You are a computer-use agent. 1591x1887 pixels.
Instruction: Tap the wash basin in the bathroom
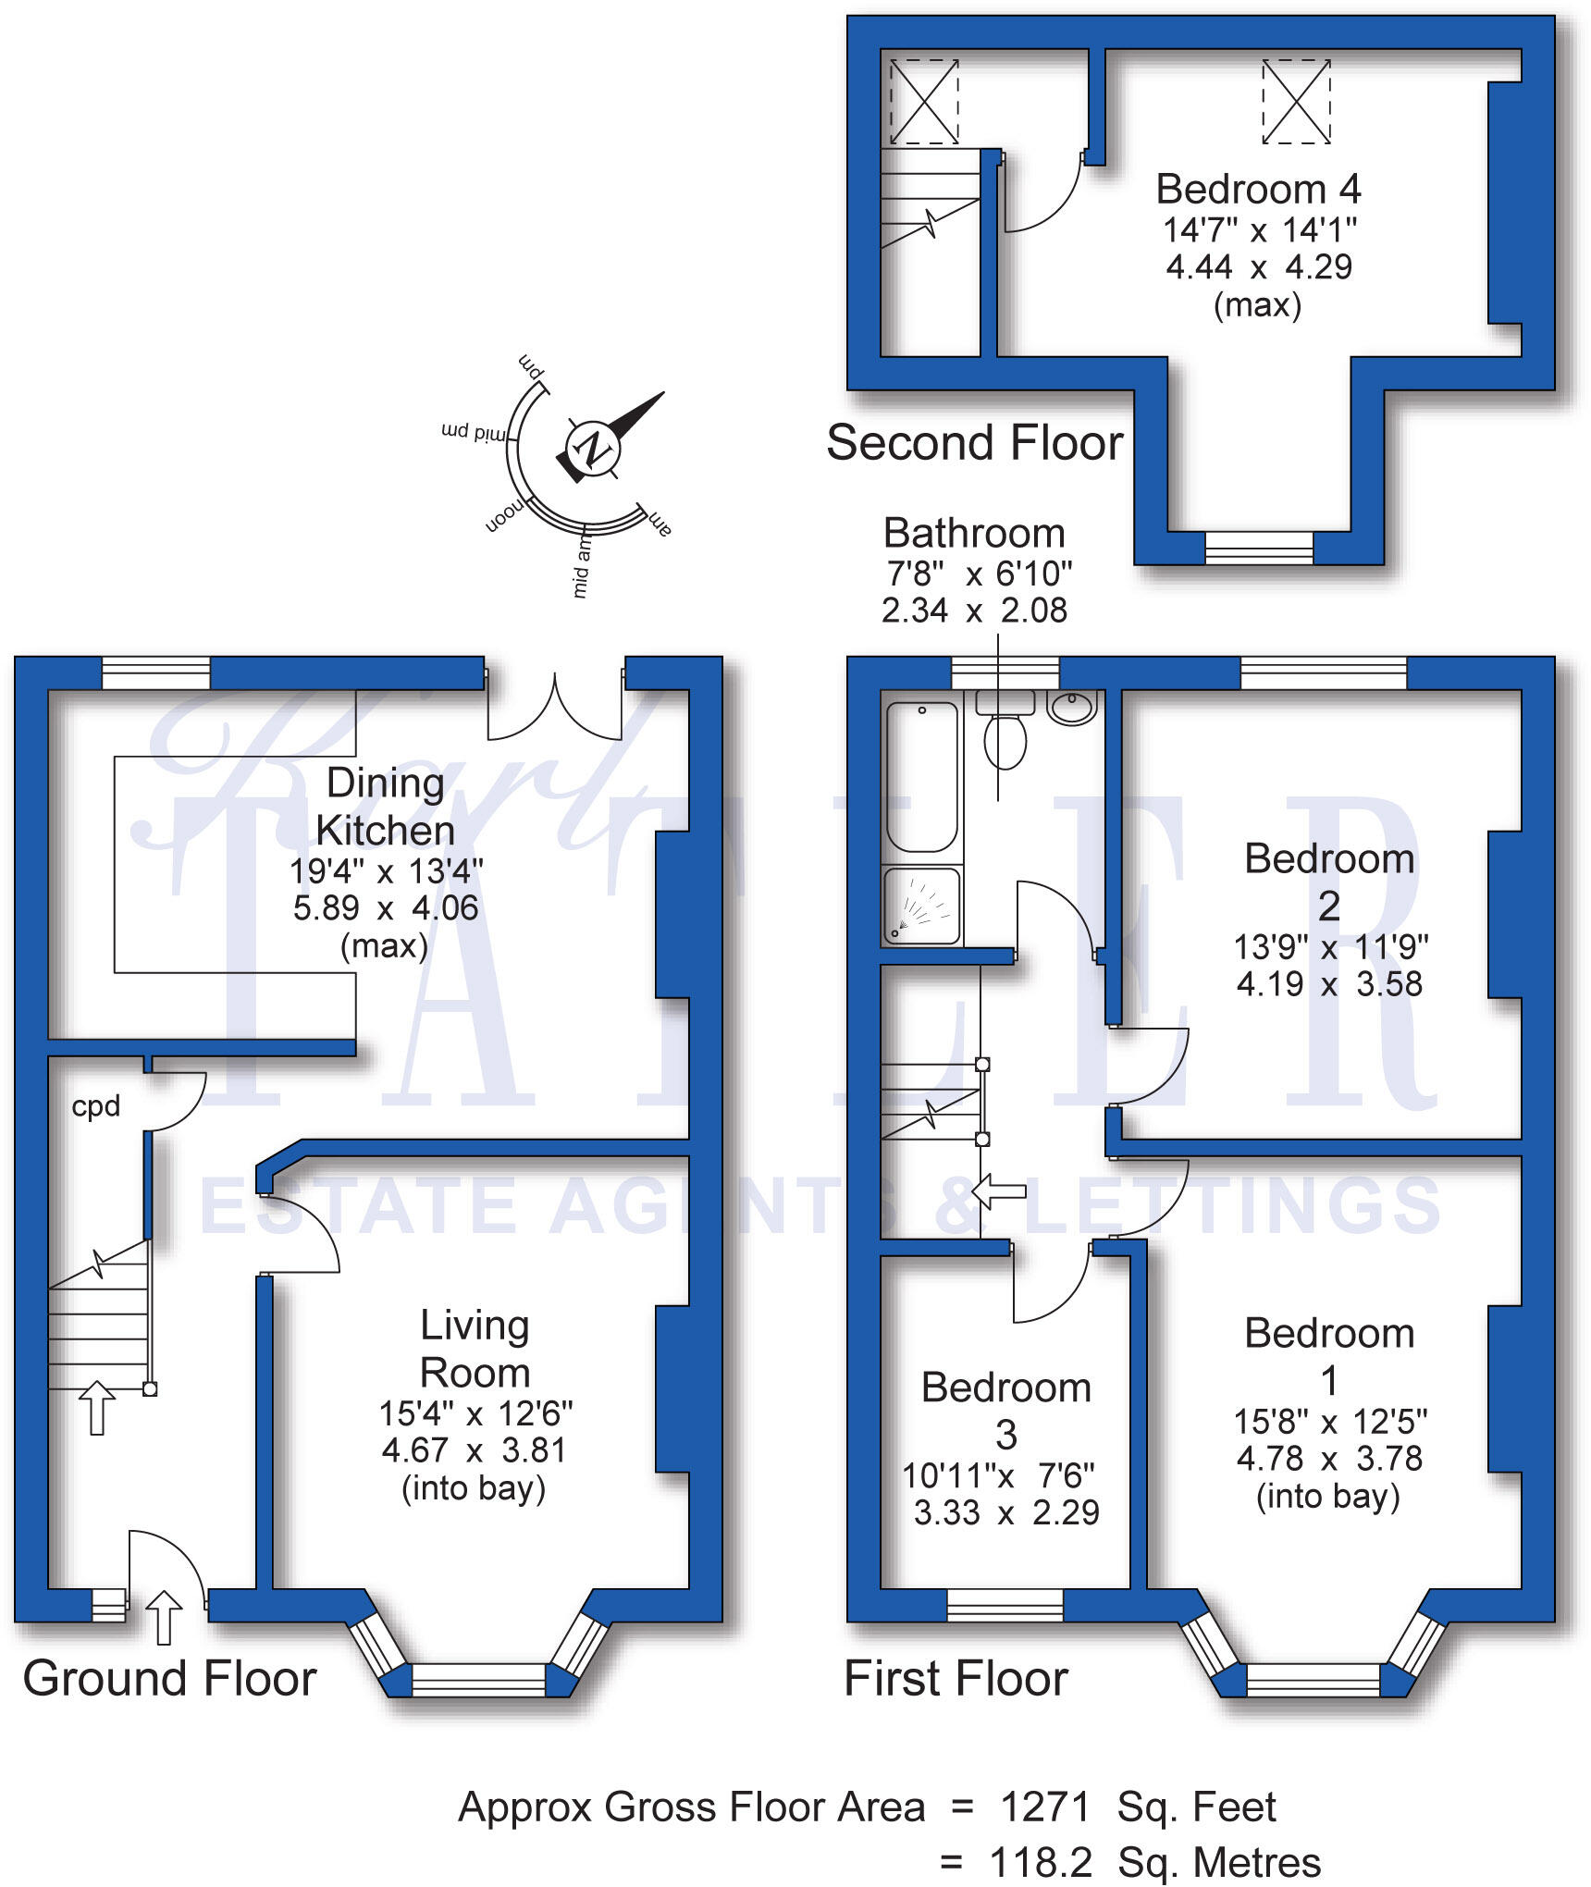point(1071,708)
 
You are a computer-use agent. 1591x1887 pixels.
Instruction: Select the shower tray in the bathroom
point(921,906)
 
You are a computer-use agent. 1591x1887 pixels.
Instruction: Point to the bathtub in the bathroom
point(921,777)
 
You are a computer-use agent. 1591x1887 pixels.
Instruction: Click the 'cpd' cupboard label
point(96,1106)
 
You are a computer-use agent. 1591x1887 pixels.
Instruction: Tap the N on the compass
point(593,449)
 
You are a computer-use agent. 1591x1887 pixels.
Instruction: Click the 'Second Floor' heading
point(974,442)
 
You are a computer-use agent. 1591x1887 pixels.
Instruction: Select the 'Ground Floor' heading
point(169,1678)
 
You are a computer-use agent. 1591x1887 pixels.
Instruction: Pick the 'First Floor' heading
point(956,1678)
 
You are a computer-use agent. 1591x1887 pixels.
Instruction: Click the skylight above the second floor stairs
point(923,101)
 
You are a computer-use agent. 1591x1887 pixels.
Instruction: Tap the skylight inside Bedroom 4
point(1296,101)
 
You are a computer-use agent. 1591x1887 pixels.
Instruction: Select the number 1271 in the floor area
point(1046,1807)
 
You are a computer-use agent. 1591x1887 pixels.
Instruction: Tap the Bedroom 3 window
point(1005,1605)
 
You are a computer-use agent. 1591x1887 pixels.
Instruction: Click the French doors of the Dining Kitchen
point(555,708)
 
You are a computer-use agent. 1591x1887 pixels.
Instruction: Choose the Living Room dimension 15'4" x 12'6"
point(475,1413)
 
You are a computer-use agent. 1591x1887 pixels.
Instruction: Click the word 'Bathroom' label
point(974,534)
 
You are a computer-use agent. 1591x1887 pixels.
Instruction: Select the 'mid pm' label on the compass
point(474,433)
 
